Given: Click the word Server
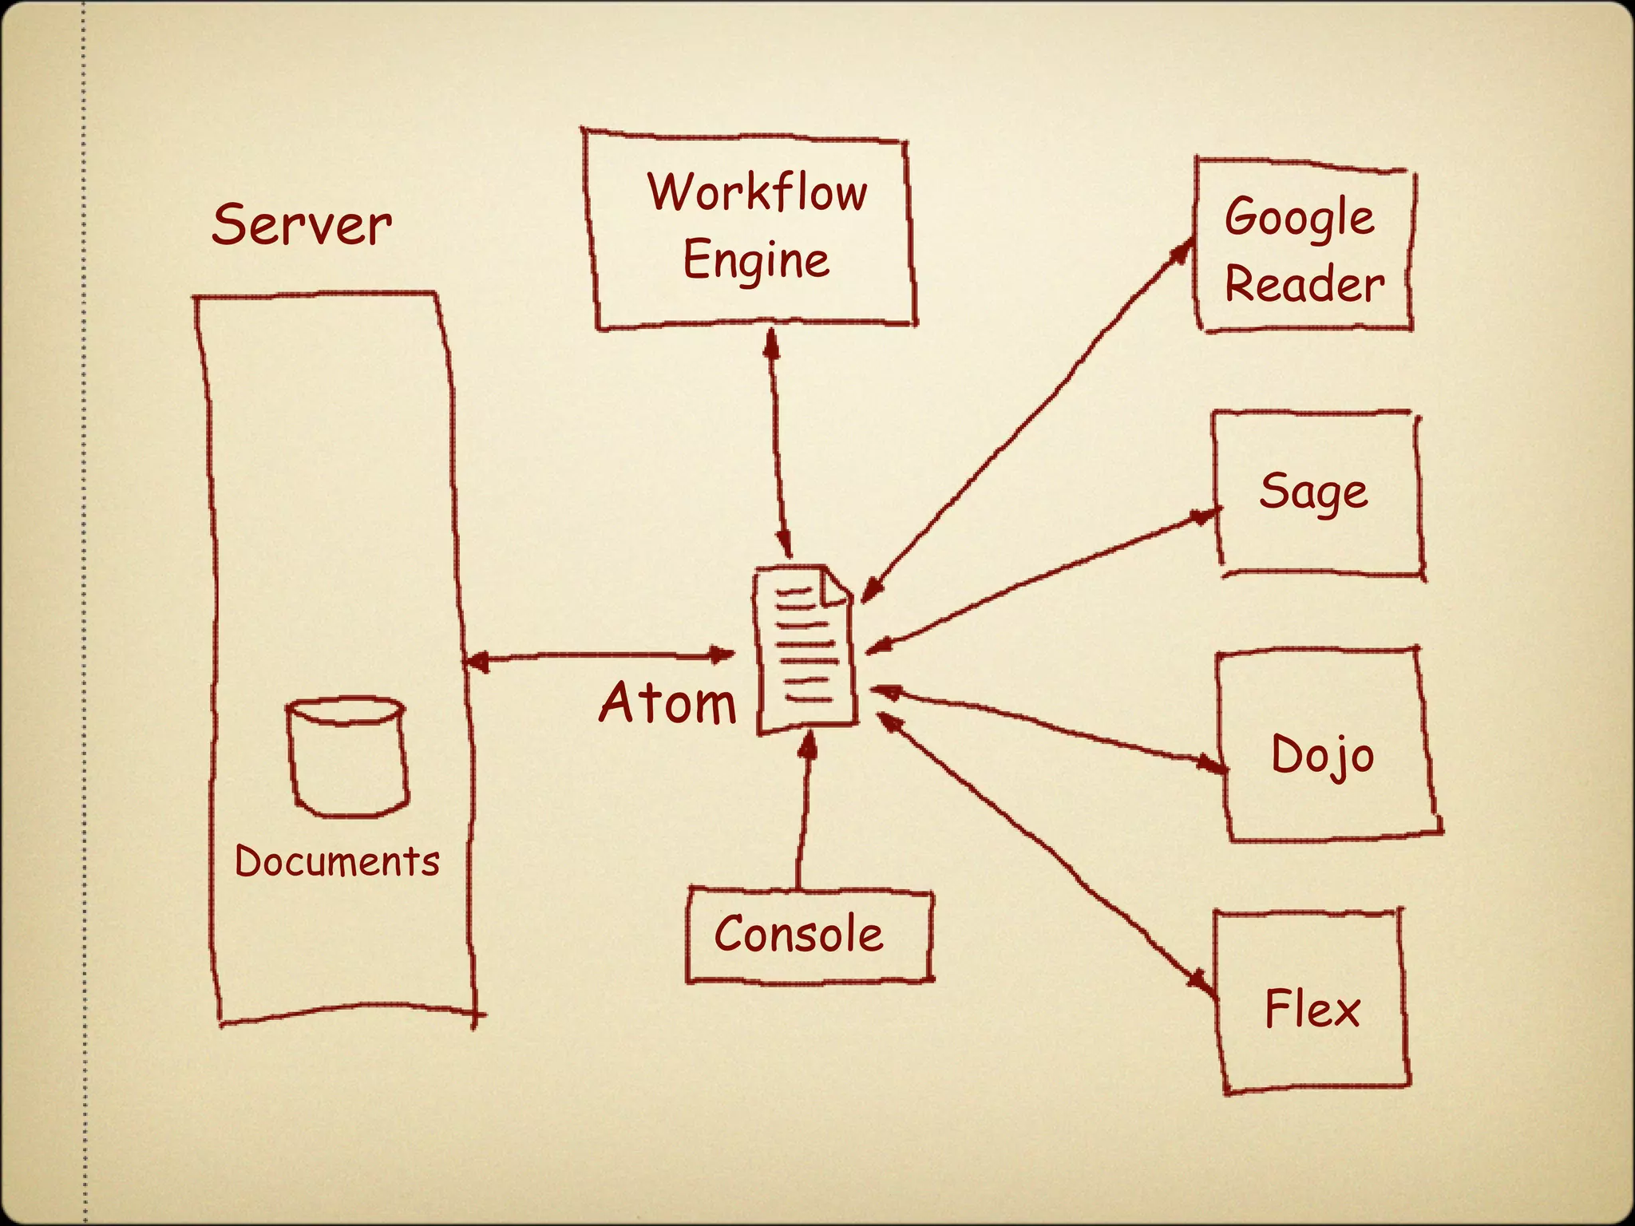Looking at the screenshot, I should click(301, 225).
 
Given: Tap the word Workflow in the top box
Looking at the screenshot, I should click(757, 192).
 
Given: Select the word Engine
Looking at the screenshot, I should click(756, 260).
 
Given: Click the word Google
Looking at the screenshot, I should click(1300, 218).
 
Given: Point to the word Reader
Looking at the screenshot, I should click(1304, 285).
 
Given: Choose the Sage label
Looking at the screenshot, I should click(1313, 492).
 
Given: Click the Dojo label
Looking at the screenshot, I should click(1322, 754).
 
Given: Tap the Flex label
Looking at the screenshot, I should click(1312, 1009).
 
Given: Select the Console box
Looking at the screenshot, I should click(809, 935).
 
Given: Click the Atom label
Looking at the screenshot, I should click(667, 704).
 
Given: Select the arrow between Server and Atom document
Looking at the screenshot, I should click(599, 657).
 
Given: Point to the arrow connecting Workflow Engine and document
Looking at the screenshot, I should click(779, 443).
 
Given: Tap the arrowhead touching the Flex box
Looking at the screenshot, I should click(1202, 981).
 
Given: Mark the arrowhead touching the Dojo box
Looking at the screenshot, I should click(1213, 765).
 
